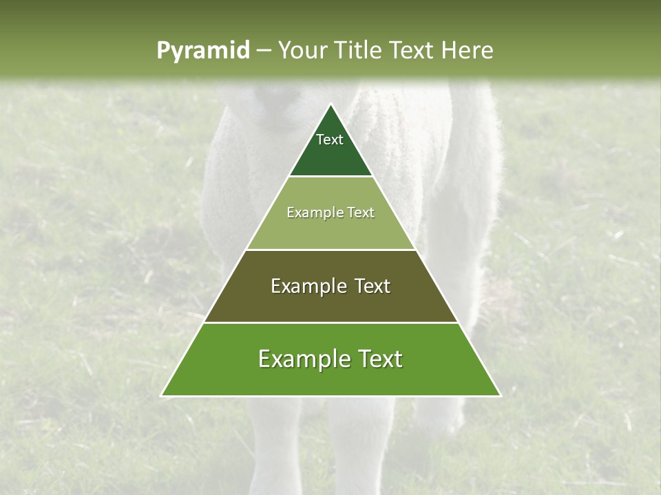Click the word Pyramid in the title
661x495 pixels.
[203, 51]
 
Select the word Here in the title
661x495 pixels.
[468, 50]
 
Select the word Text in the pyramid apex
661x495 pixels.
[330, 140]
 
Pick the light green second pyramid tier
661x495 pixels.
[330, 230]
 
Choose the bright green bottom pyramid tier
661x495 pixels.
[330, 378]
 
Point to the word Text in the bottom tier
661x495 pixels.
[377, 359]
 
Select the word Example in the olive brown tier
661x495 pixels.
[306, 286]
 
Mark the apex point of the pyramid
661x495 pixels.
[330, 104]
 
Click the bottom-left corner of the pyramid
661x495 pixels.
[161, 396]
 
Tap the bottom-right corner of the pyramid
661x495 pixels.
[501, 396]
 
